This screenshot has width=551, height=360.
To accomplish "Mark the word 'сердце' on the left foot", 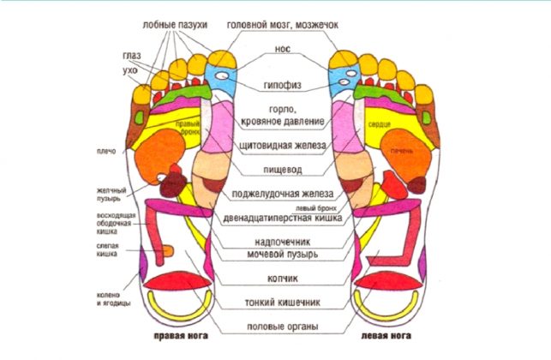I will (380, 125).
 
